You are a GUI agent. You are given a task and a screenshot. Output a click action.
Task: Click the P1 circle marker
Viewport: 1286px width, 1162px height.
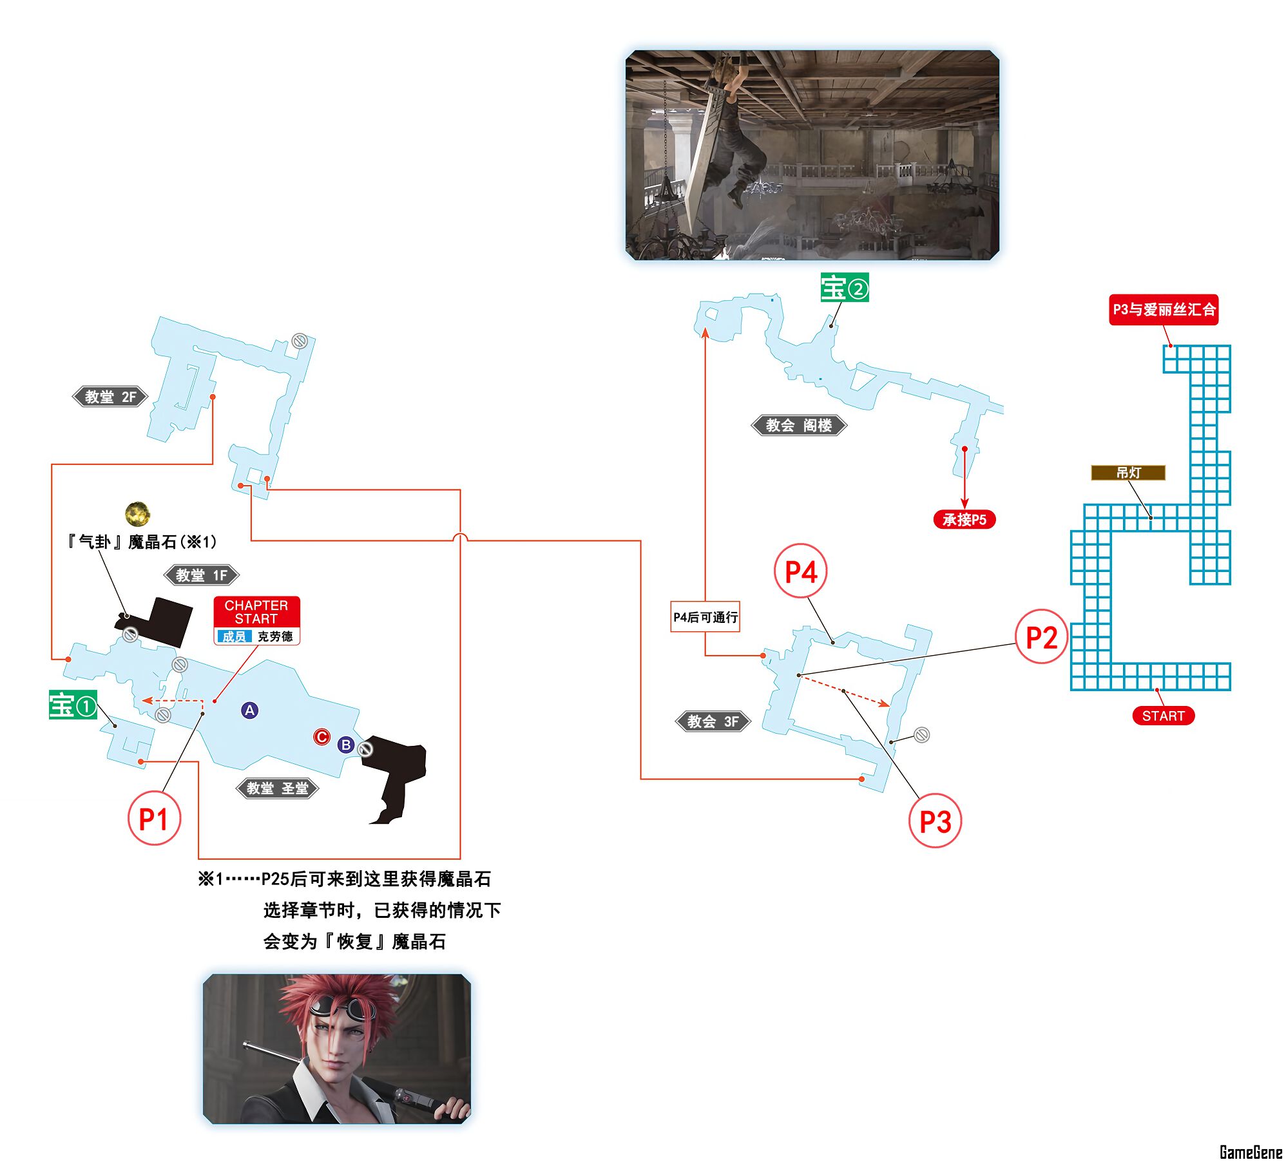coord(154,819)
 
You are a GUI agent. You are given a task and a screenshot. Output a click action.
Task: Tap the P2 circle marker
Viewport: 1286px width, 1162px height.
coord(1041,637)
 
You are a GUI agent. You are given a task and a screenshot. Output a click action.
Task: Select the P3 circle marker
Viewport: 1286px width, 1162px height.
coord(935,821)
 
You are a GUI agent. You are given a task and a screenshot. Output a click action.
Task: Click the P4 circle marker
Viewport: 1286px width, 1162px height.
coord(800,571)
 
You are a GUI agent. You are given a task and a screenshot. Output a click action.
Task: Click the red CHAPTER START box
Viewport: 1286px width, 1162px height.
coord(256,612)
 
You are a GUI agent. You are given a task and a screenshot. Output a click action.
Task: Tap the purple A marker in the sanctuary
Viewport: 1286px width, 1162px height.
coord(249,710)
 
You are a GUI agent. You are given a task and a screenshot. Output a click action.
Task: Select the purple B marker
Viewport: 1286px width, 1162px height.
coord(346,745)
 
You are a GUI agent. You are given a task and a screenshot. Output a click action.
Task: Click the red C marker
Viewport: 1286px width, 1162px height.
coord(321,737)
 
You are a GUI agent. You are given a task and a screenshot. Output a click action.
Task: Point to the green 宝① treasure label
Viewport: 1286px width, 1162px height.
coord(73,705)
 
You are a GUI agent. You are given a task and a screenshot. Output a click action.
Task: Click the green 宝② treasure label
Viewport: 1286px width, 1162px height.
coord(844,287)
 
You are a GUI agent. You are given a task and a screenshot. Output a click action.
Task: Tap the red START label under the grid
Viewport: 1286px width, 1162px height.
coord(1163,716)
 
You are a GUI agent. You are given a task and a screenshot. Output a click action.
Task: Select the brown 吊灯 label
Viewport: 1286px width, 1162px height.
coord(1128,473)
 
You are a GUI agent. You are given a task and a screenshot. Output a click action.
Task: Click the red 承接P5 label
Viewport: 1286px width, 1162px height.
coord(964,519)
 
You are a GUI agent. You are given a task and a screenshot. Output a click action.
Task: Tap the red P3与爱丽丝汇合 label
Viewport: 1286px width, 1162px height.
coord(1163,310)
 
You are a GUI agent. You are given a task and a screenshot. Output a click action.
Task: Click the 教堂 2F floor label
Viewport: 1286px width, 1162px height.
coord(110,397)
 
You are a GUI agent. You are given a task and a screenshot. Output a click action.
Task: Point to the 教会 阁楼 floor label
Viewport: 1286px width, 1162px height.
coord(798,425)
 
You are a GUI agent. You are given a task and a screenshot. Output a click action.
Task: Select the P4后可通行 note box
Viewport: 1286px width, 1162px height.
coord(705,617)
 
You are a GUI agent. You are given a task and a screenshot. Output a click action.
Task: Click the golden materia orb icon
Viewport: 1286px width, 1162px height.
coord(137,514)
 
